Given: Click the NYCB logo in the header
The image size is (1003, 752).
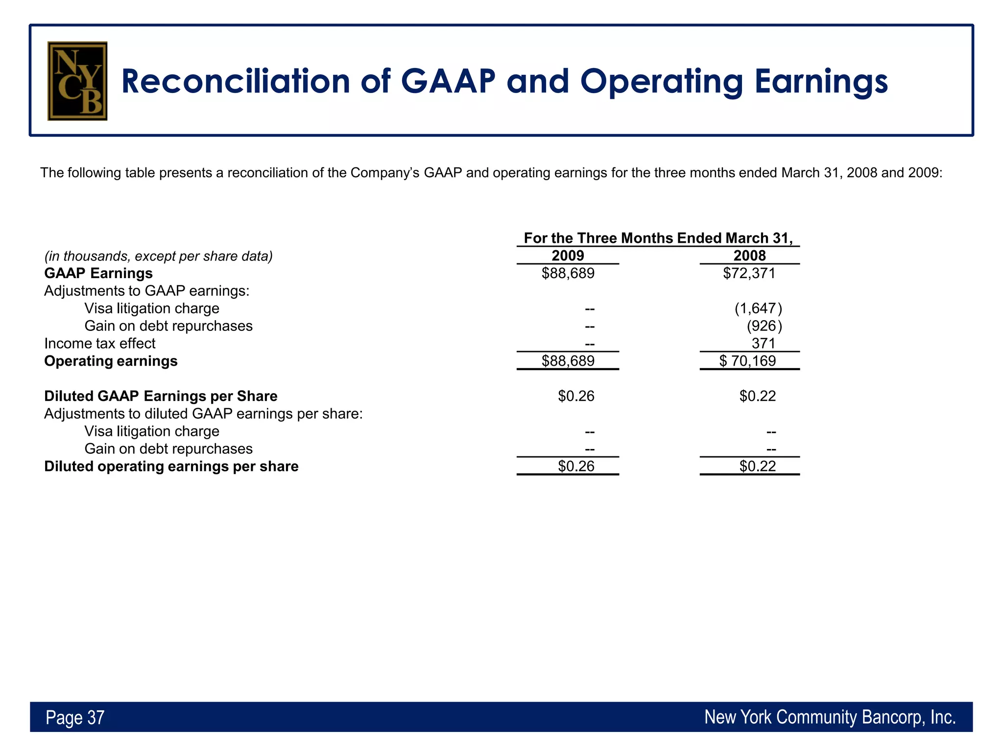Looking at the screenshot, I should pyautogui.click(x=77, y=81).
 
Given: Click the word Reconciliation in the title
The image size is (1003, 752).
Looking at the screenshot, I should pyautogui.click(x=235, y=81).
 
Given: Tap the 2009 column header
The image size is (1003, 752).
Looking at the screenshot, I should pyautogui.click(x=568, y=256).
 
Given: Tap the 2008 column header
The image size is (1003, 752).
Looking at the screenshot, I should pyautogui.click(x=749, y=256).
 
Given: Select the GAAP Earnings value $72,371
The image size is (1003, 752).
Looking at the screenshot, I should pyautogui.click(x=749, y=273).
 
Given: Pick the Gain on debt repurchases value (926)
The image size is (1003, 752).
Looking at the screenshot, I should pyautogui.click(x=764, y=326).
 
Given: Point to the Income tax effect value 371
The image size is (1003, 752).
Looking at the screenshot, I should pyautogui.click(x=764, y=344).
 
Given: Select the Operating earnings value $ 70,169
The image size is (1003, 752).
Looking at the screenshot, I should pyautogui.click(x=748, y=361).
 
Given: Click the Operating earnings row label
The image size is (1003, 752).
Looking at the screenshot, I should pyautogui.click(x=111, y=361).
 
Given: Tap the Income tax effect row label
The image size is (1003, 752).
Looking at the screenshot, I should pyautogui.click(x=100, y=344).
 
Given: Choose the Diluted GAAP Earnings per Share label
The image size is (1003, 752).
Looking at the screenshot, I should pyautogui.click(x=161, y=396).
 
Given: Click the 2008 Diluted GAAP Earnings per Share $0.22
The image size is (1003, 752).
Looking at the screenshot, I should pyautogui.click(x=758, y=396).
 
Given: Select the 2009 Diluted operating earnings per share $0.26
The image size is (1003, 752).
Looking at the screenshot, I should pyautogui.click(x=576, y=466).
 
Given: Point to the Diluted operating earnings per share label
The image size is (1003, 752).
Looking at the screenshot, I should pyautogui.click(x=171, y=466).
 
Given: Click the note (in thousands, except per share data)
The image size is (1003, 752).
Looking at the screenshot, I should pyautogui.click(x=158, y=256).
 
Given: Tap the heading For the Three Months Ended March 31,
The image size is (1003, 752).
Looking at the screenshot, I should pyautogui.click(x=658, y=238).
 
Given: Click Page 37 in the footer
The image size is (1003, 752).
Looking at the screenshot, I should pyautogui.click(x=75, y=718).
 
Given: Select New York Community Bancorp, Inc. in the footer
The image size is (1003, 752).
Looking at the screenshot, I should pyautogui.click(x=830, y=717).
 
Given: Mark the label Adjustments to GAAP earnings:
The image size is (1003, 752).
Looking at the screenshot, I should pyautogui.click(x=147, y=291).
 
